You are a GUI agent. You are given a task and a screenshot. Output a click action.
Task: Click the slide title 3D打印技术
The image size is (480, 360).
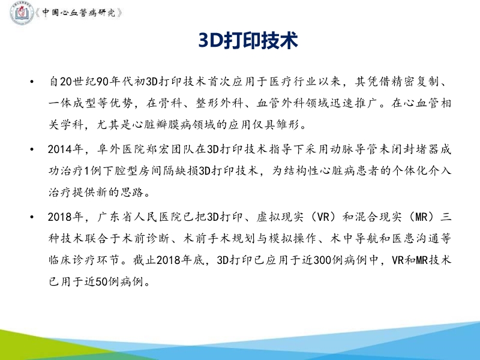point(248,41)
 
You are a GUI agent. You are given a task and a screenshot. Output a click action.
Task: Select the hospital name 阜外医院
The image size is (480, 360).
point(110,148)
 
